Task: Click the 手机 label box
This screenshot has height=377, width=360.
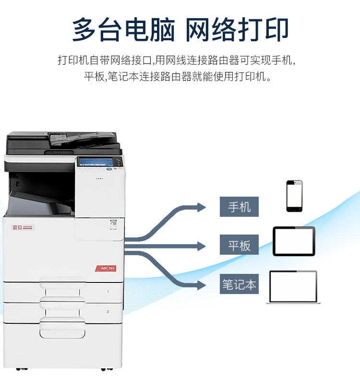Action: (x=239, y=207)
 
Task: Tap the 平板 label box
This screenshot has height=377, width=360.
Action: (x=239, y=245)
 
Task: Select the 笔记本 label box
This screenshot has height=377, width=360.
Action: (x=239, y=284)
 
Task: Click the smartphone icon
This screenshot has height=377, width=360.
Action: (x=294, y=196)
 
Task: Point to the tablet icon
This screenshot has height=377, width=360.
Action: (x=294, y=241)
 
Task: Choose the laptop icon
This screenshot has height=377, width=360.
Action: (x=293, y=287)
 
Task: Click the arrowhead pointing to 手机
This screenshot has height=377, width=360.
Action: (x=202, y=207)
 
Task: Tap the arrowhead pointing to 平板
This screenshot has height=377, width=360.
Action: (x=202, y=246)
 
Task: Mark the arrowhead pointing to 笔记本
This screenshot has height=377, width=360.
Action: (x=202, y=285)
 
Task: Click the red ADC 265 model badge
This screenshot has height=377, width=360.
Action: (x=106, y=268)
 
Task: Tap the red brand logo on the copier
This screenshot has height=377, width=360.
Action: (x=23, y=227)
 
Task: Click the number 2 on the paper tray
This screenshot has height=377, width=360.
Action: (x=108, y=312)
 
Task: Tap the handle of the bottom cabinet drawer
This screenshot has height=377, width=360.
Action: (x=62, y=330)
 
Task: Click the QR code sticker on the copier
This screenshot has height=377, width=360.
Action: (x=113, y=224)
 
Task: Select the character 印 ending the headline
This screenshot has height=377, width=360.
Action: (x=277, y=30)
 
